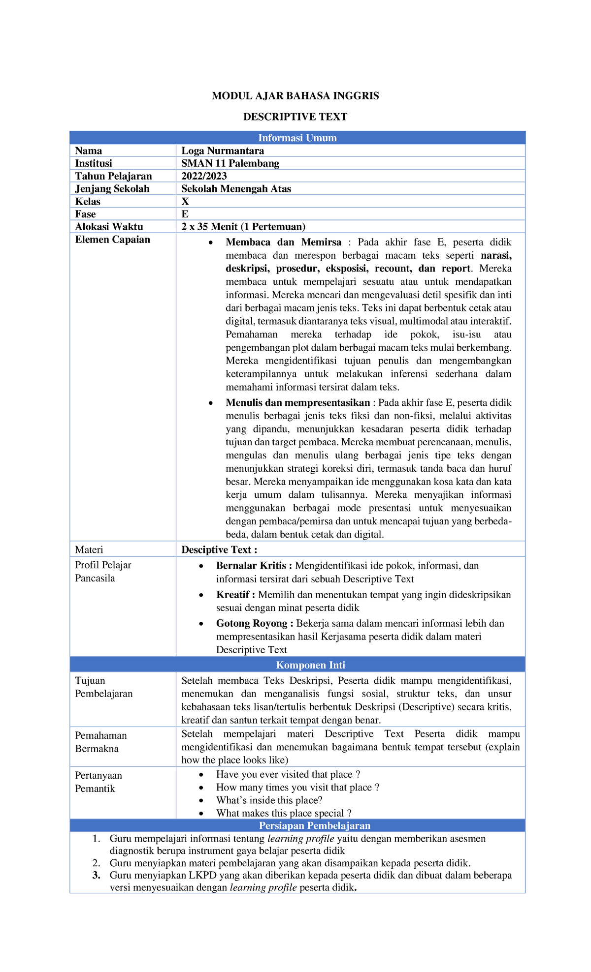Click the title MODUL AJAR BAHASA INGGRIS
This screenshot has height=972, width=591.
tap(295, 96)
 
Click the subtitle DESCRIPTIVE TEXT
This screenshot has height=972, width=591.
tap(295, 117)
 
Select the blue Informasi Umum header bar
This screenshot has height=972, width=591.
tap(297, 138)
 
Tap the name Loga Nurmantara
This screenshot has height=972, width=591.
tap(223, 151)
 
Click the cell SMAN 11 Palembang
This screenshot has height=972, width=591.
tap(230, 163)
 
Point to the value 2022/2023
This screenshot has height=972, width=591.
tap(204, 176)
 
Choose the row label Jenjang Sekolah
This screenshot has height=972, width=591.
tap(112, 189)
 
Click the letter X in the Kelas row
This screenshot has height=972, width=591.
tap(185, 202)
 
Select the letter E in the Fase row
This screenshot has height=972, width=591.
tap(185, 214)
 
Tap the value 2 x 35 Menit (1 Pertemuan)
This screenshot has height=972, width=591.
tap(243, 227)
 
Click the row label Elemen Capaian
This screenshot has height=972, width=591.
tap(112, 240)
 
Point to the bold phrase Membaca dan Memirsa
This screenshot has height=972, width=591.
tap(283, 242)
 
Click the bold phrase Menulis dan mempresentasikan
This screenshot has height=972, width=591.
tap(297, 403)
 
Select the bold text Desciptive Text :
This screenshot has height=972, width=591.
tap(219, 550)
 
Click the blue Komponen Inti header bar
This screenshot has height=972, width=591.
tap(297, 665)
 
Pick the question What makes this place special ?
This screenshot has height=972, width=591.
tap(284, 813)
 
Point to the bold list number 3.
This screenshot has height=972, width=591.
tap(97, 875)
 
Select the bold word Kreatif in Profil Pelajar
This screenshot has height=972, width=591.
tap(232, 595)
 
